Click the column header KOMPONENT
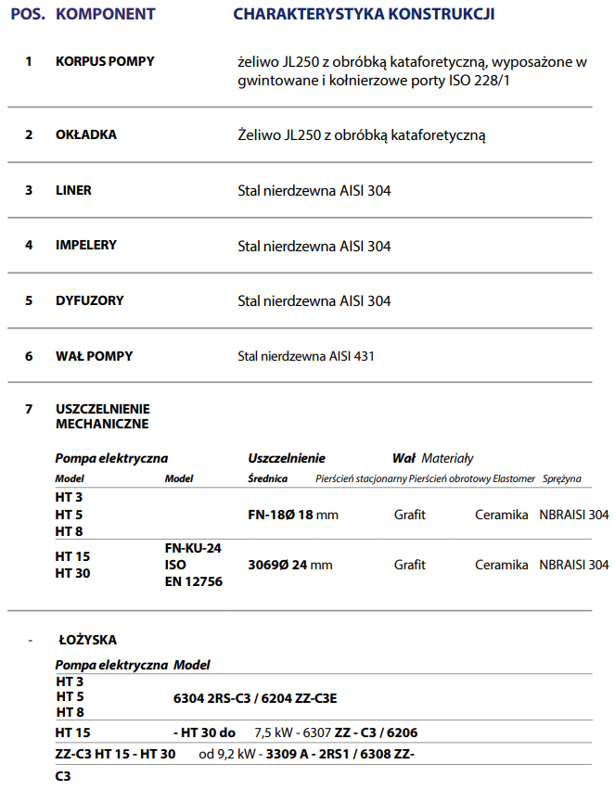pyautogui.click(x=106, y=15)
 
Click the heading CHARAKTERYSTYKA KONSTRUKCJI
pyautogui.click(x=364, y=15)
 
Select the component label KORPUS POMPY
pyautogui.click(x=105, y=61)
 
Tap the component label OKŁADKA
pyautogui.click(x=86, y=134)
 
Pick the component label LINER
pyautogui.click(x=73, y=190)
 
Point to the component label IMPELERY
pyautogui.click(x=86, y=245)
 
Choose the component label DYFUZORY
pyautogui.click(x=89, y=300)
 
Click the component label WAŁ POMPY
pyautogui.click(x=94, y=356)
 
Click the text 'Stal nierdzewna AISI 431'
pyautogui.click(x=306, y=356)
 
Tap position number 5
pyautogui.click(x=29, y=300)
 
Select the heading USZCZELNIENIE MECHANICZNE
pyautogui.click(x=102, y=416)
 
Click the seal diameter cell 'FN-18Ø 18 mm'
pyautogui.click(x=293, y=514)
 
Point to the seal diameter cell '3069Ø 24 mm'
pyautogui.click(x=289, y=565)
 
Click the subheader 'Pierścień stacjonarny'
pyautogui.click(x=361, y=478)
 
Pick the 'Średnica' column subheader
pyautogui.click(x=268, y=478)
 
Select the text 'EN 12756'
pyautogui.click(x=193, y=581)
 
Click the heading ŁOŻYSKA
pyautogui.click(x=88, y=640)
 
